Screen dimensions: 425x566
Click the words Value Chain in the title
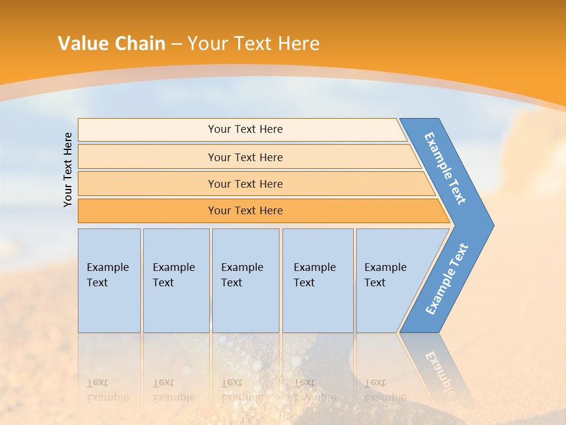pos(111,44)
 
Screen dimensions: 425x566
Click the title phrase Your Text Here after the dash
pos(254,44)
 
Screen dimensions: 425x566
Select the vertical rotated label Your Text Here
pos(68,169)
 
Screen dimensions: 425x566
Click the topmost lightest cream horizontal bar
pos(147,130)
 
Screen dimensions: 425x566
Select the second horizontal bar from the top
pos(147,157)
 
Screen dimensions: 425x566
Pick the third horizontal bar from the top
pos(147,184)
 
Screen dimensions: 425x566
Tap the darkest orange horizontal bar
pos(147,211)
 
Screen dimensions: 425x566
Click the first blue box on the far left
pos(109,307)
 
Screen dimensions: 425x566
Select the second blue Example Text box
pos(176,307)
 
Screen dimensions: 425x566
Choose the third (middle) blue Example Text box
pos(245,307)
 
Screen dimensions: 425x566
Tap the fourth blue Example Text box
pos(318,307)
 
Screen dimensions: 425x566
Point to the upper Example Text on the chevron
pos(445,168)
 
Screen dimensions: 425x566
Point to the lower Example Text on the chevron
pos(447,279)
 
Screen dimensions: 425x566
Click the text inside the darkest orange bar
pos(245,211)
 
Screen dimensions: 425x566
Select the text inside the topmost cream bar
pos(245,129)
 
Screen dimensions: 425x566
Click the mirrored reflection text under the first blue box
pos(107,390)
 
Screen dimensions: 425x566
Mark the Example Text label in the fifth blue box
pos(385,275)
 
